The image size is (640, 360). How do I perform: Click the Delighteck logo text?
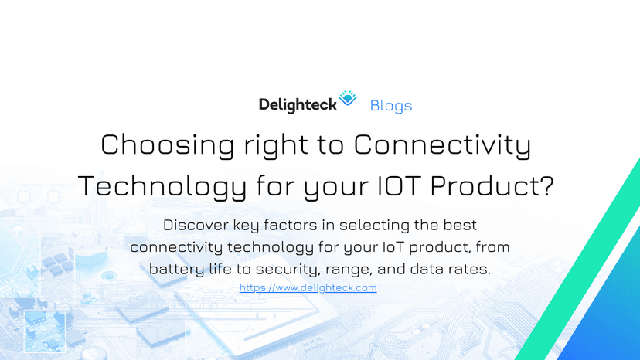298,104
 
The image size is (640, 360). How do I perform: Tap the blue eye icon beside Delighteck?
349,98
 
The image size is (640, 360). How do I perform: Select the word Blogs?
391,105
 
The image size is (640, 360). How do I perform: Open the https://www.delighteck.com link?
308,287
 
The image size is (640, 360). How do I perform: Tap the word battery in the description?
177,269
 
